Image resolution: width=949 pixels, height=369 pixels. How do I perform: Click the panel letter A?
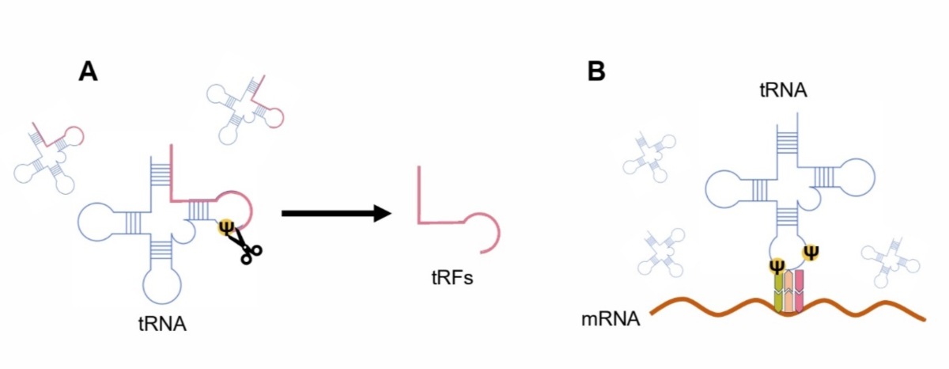click(88, 71)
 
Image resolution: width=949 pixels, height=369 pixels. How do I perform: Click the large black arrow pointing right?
click(337, 212)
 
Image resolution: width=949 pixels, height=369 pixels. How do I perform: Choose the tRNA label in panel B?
click(783, 90)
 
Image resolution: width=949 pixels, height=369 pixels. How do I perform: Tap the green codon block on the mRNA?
click(777, 291)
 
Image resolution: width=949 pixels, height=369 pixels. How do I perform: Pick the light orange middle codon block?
click(788, 291)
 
